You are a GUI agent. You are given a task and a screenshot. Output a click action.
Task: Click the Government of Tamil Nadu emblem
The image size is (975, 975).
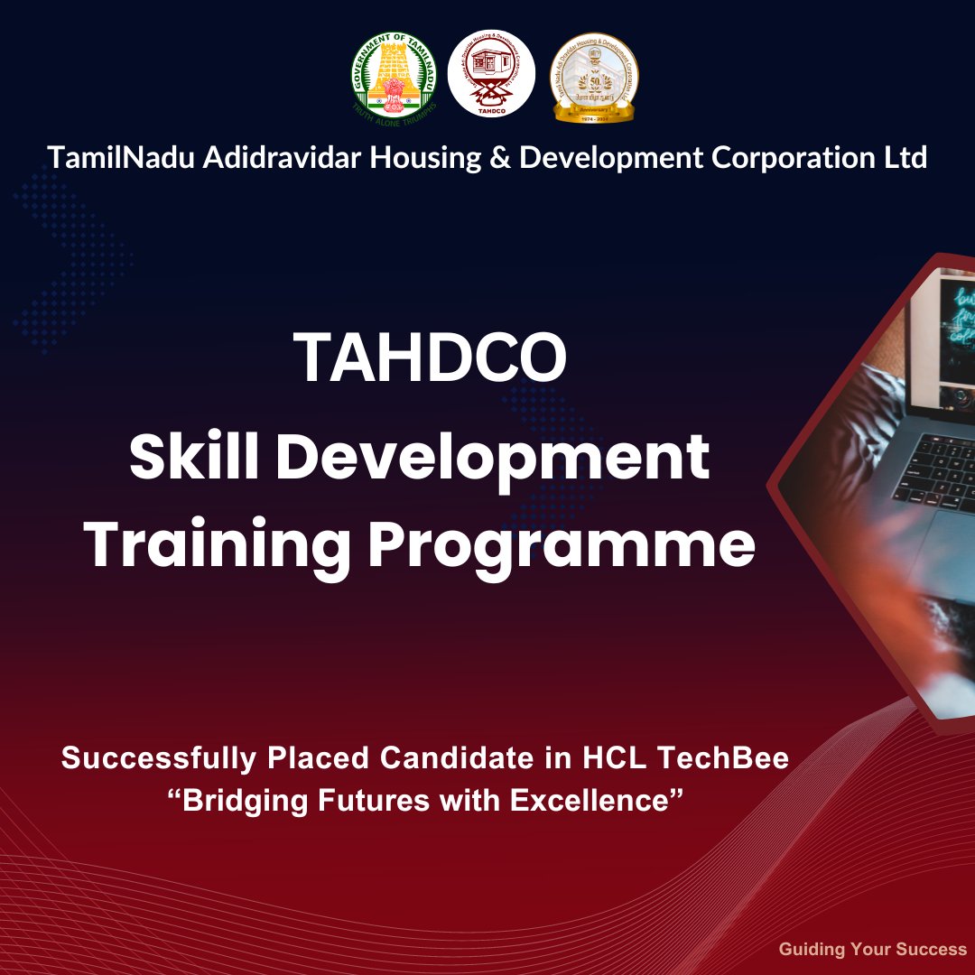click(394, 76)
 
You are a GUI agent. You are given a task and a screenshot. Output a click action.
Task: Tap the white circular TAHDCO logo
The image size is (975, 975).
click(491, 76)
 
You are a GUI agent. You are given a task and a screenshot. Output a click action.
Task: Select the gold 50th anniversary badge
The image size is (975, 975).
click(594, 76)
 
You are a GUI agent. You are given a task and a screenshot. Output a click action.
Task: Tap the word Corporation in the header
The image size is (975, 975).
click(791, 159)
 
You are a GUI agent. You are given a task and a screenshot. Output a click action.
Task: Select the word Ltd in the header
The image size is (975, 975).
click(905, 158)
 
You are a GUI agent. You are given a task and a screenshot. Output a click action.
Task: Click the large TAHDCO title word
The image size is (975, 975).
click(431, 357)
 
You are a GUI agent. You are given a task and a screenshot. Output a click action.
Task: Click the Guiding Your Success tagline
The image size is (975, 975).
click(872, 949)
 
